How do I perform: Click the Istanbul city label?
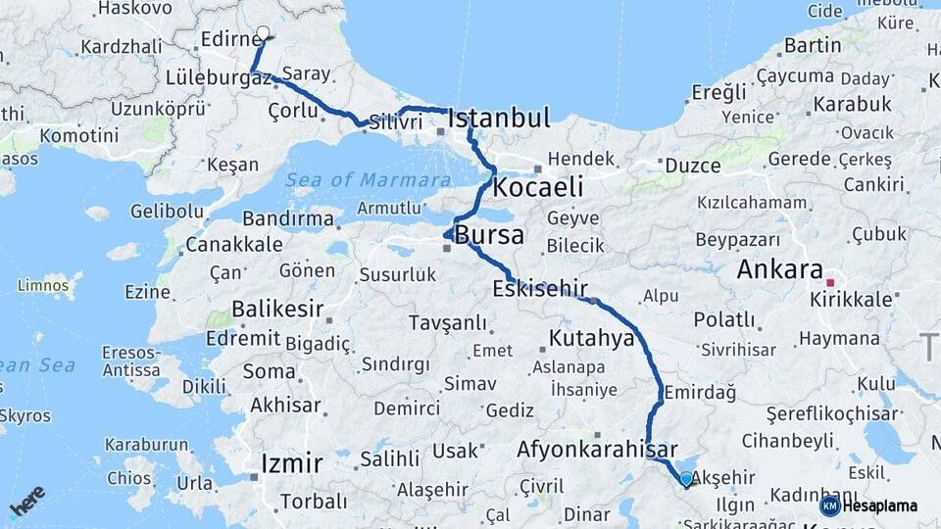pyautogui.click(x=499, y=119)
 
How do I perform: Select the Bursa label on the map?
pyautogui.click(x=489, y=236)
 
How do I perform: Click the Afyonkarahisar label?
pyautogui.click(x=598, y=450)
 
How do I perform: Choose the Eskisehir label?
pyautogui.click(x=541, y=288)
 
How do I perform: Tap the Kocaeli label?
pyautogui.click(x=538, y=186)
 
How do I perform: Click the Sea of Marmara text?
pyautogui.click(x=370, y=179)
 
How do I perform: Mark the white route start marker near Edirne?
pyautogui.click(x=263, y=32)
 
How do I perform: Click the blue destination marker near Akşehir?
pyautogui.click(x=686, y=479)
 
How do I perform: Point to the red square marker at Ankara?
pyautogui.click(x=829, y=282)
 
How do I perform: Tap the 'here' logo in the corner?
pyautogui.click(x=27, y=500)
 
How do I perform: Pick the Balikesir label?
pyautogui.click(x=278, y=310)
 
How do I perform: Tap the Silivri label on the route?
pyautogui.click(x=396, y=121)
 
